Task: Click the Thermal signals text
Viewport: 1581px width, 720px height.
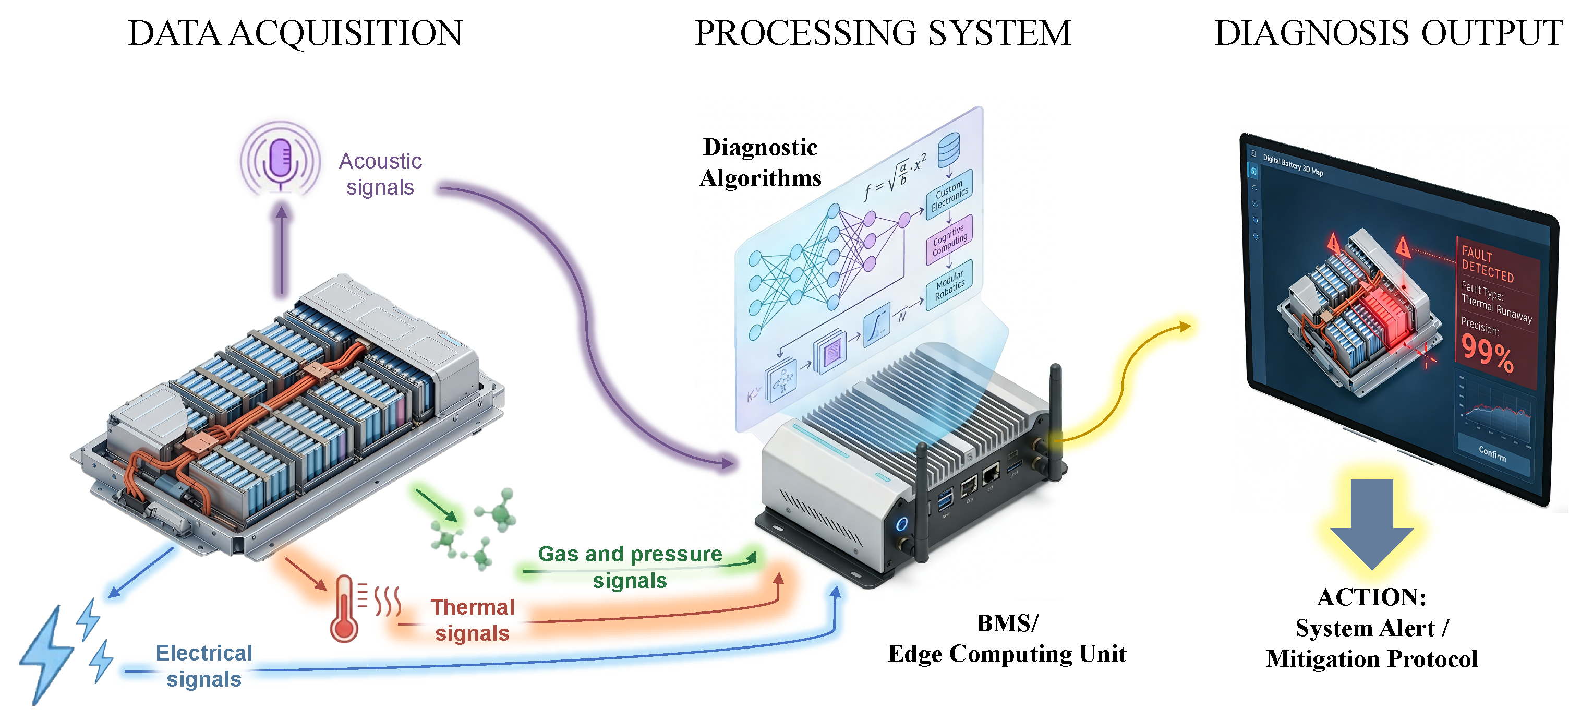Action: [x=472, y=620]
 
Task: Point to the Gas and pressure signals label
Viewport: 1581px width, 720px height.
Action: [x=630, y=567]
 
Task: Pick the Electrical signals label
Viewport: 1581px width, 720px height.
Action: [x=204, y=666]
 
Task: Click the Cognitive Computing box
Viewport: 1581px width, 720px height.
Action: [x=949, y=240]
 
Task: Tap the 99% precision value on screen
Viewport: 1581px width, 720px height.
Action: [x=1487, y=354]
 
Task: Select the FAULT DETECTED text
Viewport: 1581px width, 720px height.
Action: [x=1487, y=264]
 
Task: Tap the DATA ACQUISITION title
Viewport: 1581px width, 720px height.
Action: [x=295, y=33]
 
